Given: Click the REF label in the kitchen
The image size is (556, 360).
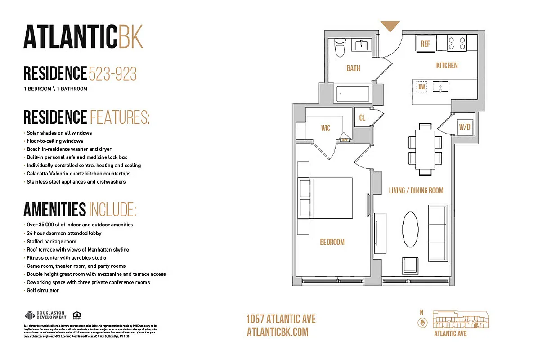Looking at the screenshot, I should coord(426,44).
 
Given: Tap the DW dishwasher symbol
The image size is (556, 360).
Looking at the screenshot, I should coord(421,87).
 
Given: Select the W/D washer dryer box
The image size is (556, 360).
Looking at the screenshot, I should coord(464,127).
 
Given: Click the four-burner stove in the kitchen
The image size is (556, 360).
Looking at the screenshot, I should coord(457,44).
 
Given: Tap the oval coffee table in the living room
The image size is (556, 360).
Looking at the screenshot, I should coord(410,229).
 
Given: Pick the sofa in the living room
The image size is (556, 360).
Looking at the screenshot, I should coord(438,233).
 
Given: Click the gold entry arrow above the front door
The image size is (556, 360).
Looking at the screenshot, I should coord(390,26).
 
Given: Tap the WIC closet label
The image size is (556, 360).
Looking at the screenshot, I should coord(326,128).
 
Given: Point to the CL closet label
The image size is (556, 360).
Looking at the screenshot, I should coord(362,118).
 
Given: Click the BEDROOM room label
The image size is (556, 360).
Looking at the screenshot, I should coord(332,242).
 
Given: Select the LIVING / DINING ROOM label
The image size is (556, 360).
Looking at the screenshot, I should coord(416,190).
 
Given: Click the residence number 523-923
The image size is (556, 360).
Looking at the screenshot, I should coord(112,73).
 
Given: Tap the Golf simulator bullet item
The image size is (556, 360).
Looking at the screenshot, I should coord(43,290).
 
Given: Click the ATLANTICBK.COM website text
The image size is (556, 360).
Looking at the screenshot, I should coord(278,332).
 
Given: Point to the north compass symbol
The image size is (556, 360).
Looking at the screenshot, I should coord(421,322).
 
